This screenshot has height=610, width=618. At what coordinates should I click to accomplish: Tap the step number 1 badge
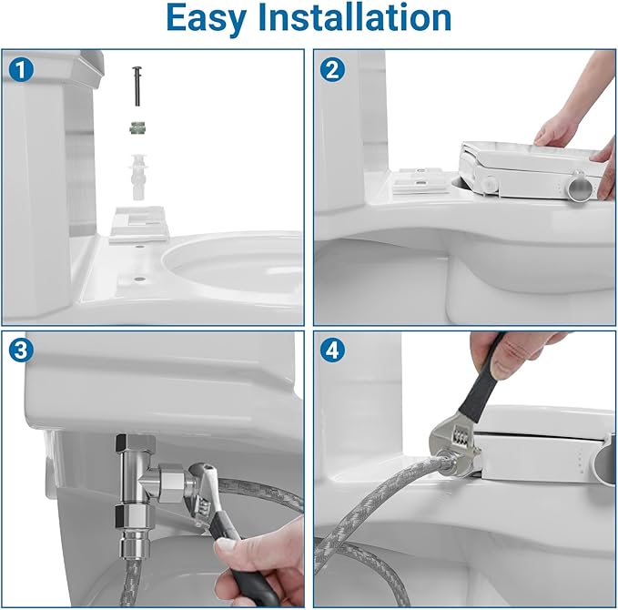(x=19, y=68)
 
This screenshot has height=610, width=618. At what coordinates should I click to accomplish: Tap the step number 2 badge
(x=333, y=68)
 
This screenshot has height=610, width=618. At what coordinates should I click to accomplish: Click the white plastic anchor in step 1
(x=138, y=176)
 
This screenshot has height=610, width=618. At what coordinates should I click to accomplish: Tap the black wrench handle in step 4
(x=485, y=382)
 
